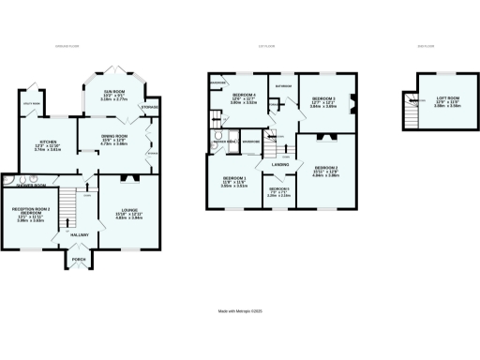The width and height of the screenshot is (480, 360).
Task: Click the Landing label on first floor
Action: tap(279, 165)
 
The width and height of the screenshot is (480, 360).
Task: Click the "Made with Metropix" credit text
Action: tap(239, 312)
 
